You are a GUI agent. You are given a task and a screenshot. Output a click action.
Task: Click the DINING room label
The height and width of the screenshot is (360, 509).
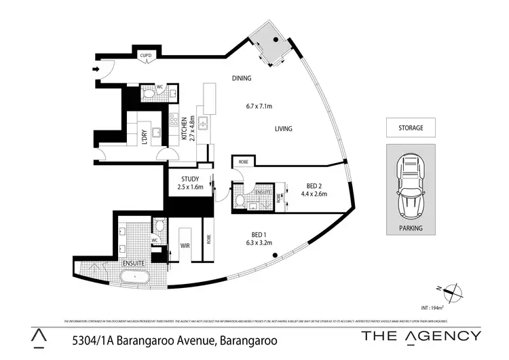(x=241, y=78)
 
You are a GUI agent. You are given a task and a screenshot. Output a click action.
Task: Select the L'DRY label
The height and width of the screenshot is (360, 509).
(x=144, y=136)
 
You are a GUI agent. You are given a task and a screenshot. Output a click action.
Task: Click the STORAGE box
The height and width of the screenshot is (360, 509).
(x=411, y=128)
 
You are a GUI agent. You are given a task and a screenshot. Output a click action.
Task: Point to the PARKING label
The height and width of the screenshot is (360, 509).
(x=411, y=228)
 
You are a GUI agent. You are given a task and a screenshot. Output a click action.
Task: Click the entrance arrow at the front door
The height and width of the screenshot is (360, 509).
(x=96, y=69)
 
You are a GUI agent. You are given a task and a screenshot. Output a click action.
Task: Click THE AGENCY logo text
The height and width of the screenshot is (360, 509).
(x=421, y=336)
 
